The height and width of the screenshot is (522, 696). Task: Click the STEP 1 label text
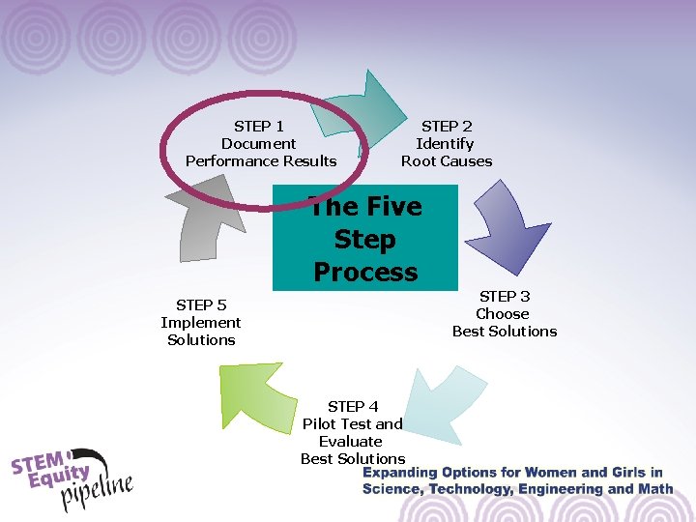click(259, 126)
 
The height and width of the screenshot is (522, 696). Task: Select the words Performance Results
click(261, 161)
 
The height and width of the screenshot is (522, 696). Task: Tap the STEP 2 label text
click(447, 126)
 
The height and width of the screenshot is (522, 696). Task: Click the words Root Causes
click(447, 161)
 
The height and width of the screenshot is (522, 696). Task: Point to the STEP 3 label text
click(505, 296)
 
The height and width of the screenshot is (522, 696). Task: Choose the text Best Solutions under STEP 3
click(505, 332)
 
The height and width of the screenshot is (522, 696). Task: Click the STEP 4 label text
click(353, 406)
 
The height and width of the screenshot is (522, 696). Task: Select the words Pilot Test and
click(353, 423)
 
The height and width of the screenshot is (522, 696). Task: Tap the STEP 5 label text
click(201, 304)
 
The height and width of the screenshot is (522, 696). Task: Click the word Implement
click(201, 323)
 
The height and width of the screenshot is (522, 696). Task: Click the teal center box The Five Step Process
click(364, 238)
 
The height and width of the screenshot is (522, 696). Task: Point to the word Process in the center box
click(365, 272)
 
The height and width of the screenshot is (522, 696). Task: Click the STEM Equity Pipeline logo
click(72, 478)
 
